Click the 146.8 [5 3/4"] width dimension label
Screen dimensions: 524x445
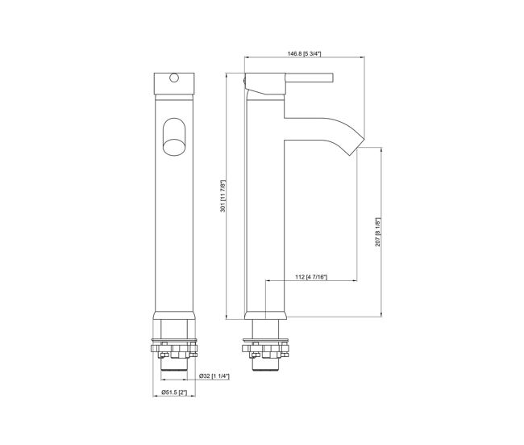pos(304,53)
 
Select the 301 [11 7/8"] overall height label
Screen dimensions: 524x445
pos(222,196)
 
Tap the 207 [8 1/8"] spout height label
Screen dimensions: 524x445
pos(377,232)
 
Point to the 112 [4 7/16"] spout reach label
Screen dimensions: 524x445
pos(311,277)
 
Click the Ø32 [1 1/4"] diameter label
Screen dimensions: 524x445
pos(214,376)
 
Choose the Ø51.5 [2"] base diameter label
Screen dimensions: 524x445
pos(174,392)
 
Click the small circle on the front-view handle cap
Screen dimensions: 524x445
pos(174,78)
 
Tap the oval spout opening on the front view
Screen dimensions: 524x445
pos(174,136)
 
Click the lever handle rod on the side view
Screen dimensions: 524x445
pos(310,78)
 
